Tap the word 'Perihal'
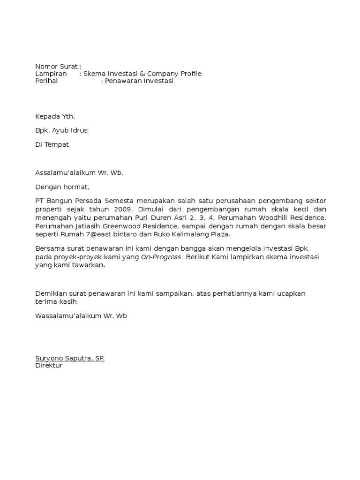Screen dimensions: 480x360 pyautogui.click(x=46, y=81)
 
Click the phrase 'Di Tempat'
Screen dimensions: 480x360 pyautogui.click(x=52, y=144)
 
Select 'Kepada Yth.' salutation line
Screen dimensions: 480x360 pyautogui.click(x=55, y=116)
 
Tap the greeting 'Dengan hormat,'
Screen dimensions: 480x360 pyautogui.click(x=62, y=187)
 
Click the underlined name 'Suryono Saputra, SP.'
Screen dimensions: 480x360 pyautogui.click(x=70, y=358)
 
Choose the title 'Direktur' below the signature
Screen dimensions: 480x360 pyautogui.click(x=49, y=365)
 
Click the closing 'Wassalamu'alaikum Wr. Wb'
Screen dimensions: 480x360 pyautogui.click(x=81, y=315)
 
